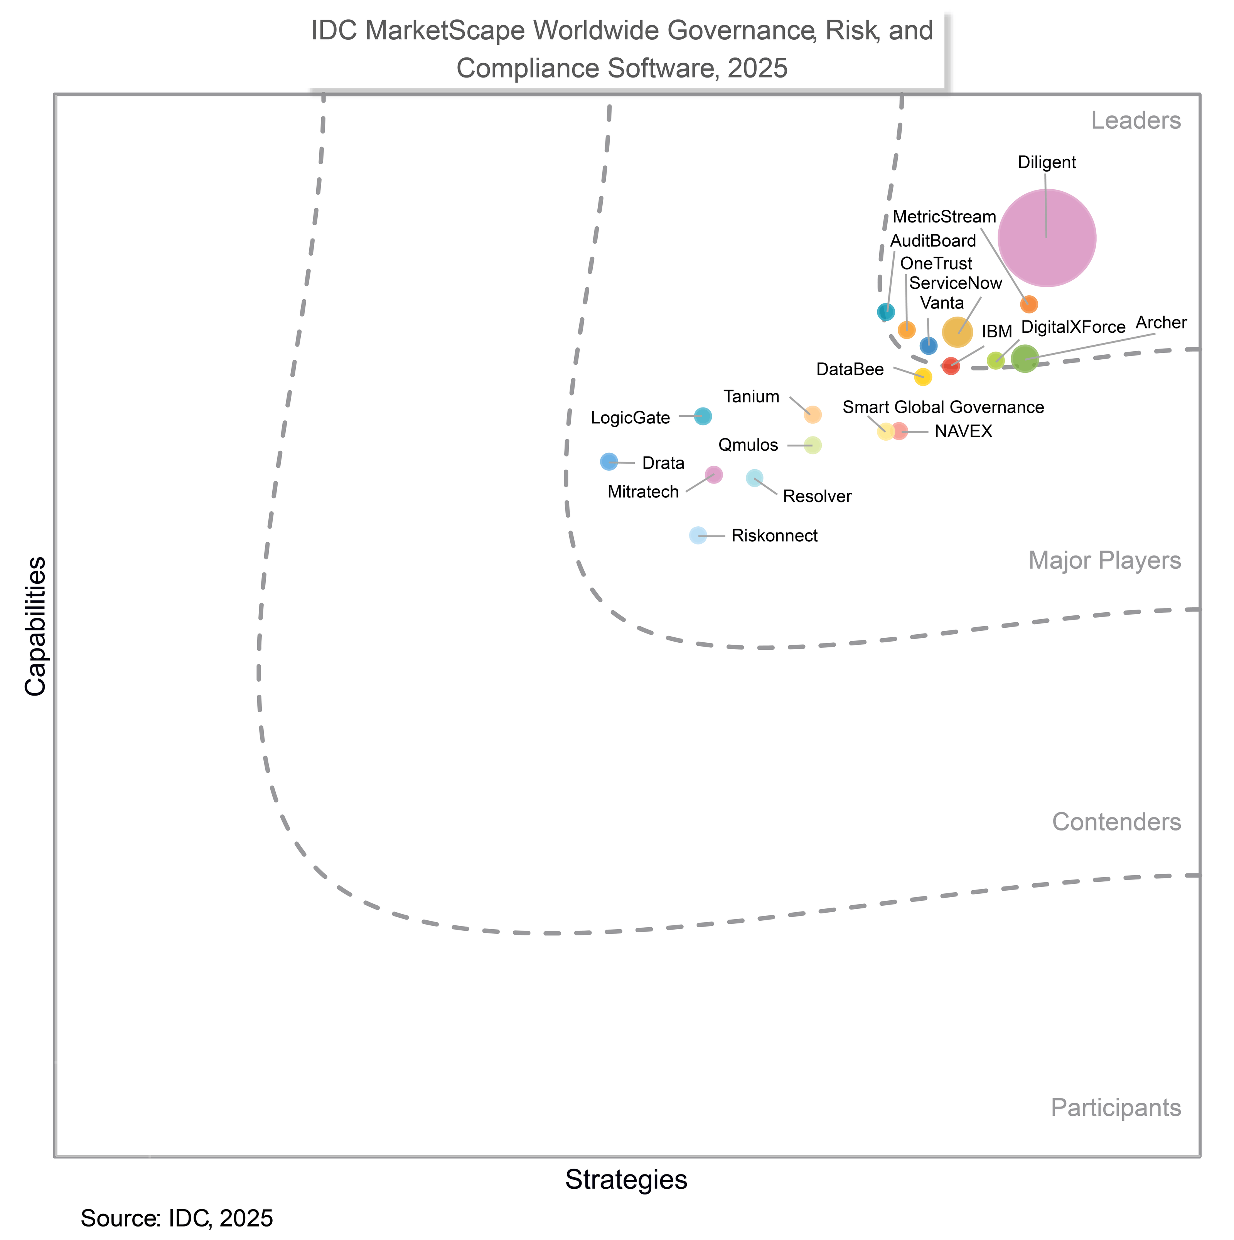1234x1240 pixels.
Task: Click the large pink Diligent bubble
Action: point(1047,238)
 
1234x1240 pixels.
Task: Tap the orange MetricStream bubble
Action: point(1028,304)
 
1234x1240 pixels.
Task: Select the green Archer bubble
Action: point(1025,359)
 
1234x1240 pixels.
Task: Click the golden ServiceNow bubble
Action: point(957,332)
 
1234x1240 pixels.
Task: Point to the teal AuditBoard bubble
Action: point(886,312)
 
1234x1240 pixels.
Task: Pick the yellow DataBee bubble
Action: point(923,377)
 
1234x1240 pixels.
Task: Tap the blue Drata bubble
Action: point(609,462)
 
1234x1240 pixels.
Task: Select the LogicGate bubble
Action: point(703,416)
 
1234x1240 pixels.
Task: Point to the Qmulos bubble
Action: point(813,445)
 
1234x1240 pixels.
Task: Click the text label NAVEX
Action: point(963,432)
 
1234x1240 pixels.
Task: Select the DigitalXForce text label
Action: point(1073,327)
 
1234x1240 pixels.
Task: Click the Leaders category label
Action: point(1135,121)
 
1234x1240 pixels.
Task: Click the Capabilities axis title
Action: point(36,627)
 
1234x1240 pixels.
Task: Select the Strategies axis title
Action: point(626,1180)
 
